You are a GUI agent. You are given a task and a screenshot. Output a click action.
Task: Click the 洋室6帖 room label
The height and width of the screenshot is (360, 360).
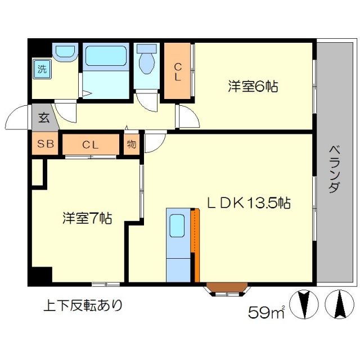click(x=254, y=87)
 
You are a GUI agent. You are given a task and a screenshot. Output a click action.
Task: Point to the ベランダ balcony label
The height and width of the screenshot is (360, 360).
click(x=334, y=169)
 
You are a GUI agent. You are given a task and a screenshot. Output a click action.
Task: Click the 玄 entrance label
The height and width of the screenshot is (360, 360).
click(x=43, y=119)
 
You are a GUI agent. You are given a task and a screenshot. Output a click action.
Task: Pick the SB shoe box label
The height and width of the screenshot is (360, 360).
click(x=46, y=145)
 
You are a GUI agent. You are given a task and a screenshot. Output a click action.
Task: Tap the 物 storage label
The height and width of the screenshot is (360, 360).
click(x=131, y=144)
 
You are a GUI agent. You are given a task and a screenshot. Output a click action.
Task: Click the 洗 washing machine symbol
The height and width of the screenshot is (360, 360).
click(x=42, y=70)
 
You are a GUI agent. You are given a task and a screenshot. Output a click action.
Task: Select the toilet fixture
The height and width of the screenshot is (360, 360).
click(x=146, y=61)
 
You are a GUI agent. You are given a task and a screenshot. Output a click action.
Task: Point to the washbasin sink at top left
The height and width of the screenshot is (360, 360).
click(x=64, y=52)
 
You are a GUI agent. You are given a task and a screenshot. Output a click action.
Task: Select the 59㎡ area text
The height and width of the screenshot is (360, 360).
click(x=267, y=311)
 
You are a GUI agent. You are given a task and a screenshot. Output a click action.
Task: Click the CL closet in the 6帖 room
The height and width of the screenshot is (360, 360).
click(x=177, y=72)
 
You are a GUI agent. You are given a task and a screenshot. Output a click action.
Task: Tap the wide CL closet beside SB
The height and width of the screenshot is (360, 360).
click(x=91, y=145)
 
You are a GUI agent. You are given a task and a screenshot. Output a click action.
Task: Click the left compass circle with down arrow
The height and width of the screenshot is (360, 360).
click(x=304, y=304)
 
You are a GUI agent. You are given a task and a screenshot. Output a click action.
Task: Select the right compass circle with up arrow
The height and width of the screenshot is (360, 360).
click(x=339, y=304)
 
